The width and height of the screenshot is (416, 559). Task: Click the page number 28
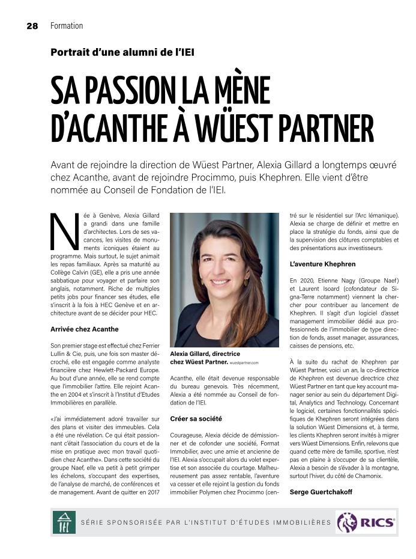pyautogui.click(x=32, y=26)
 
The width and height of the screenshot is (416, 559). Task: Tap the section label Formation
pyautogui.click(x=67, y=26)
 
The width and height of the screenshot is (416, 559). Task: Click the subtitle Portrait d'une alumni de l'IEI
pyautogui.click(x=122, y=52)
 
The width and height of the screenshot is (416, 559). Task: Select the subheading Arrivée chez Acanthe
pyautogui.click(x=85, y=329)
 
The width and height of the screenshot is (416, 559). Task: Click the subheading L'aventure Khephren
pyautogui.click(x=322, y=264)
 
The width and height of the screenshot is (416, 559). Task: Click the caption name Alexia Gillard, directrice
pyautogui.click(x=205, y=355)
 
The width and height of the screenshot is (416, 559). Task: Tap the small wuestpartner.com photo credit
pyautogui.click(x=244, y=363)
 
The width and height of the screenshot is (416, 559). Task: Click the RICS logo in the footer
pyautogui.click(x=366, y=522)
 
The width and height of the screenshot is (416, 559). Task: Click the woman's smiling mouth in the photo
pyautogui.click(x=220, y=281)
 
